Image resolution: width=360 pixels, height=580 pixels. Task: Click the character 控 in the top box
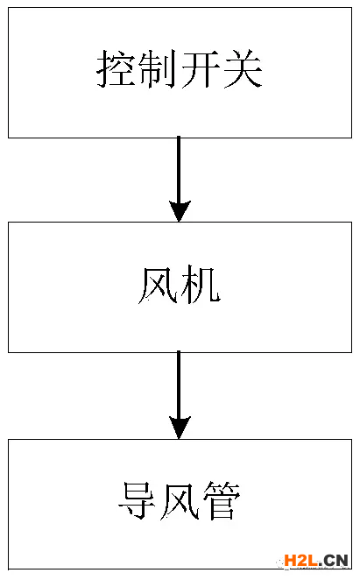[116, 69]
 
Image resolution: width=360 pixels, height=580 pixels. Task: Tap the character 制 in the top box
[158, 69]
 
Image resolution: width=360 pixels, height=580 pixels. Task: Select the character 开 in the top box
[201, 69]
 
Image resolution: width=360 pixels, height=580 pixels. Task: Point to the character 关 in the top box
[243, 69]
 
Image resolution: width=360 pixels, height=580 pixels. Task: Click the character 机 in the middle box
[201, 285]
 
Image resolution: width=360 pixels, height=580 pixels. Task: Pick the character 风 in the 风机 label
[159, 285]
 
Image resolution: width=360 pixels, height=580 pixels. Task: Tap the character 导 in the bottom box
[138, 500]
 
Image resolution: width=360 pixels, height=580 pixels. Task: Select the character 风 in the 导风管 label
[180, 500]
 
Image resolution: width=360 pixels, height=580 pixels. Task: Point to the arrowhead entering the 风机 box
[180, 211]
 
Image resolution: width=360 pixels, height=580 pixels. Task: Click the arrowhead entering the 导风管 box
[180, 428]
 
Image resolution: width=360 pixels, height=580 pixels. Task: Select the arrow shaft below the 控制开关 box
[179, 169]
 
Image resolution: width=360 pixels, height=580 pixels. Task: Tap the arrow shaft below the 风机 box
[179, 385]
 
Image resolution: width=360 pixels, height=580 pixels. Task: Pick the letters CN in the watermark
[336, 561]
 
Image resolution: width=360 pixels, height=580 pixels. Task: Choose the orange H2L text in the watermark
[300, 561]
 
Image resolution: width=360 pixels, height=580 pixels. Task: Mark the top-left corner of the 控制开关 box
[9, 8]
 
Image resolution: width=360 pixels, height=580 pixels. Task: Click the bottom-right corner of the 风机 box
[351, 352]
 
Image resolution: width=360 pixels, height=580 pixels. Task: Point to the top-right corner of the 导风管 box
[351, 440]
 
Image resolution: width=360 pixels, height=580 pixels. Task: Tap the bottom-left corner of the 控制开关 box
[9, 138]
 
